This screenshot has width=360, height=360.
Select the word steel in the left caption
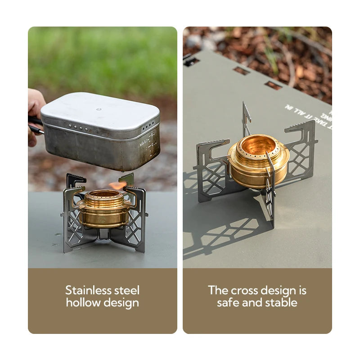coord(127,290)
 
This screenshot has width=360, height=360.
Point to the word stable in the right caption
coord(280,302)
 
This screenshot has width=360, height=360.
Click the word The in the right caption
coord(218,290)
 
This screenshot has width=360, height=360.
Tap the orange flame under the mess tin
coord(117,185)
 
